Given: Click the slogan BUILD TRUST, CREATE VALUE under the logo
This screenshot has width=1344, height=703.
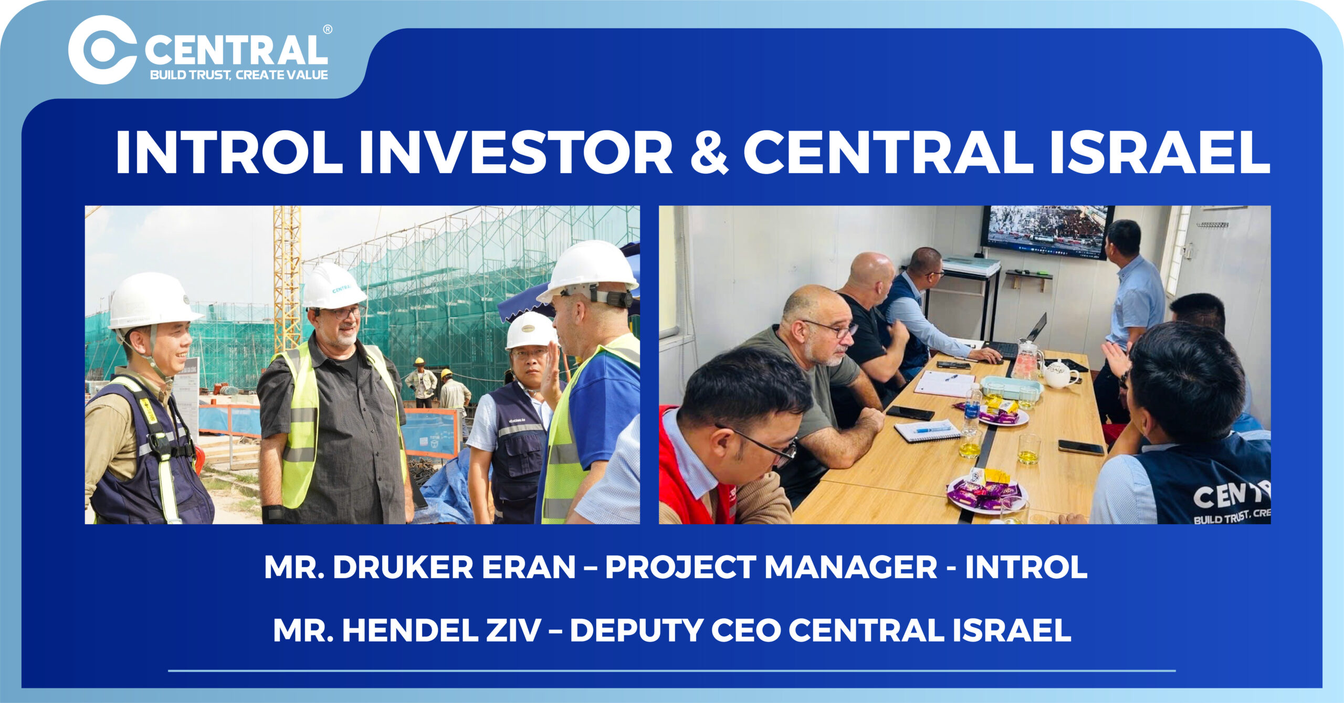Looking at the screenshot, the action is coord(239,75).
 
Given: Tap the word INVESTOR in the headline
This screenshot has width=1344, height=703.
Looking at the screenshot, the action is coord(515,152).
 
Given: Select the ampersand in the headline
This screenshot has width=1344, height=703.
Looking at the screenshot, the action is coord(708,152).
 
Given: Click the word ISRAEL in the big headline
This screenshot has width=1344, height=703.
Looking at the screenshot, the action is coord(1160,152).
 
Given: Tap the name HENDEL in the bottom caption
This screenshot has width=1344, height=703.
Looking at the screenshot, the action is coord(411,630).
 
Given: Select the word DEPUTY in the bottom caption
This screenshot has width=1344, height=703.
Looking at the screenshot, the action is coord(637,630).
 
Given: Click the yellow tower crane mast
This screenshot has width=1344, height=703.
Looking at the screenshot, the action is coord(287,278).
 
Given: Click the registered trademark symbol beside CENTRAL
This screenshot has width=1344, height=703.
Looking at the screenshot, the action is coord(327,29).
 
